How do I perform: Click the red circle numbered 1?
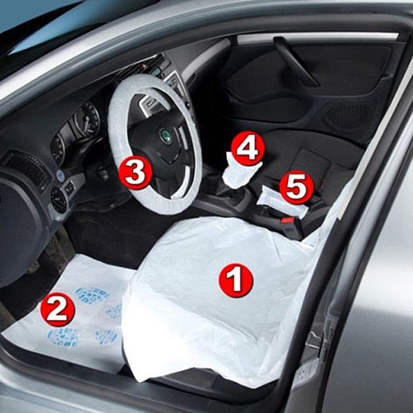[x=235, y=280]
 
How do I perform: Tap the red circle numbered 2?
[x=58, y=309]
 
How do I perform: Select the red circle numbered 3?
[x=136, y=172]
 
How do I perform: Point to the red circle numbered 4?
[x=248, y=148]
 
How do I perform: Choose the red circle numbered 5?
[x=297, y=187]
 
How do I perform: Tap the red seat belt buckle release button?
[x=287, y=220]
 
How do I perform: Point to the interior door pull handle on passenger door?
[x=295, y=61]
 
